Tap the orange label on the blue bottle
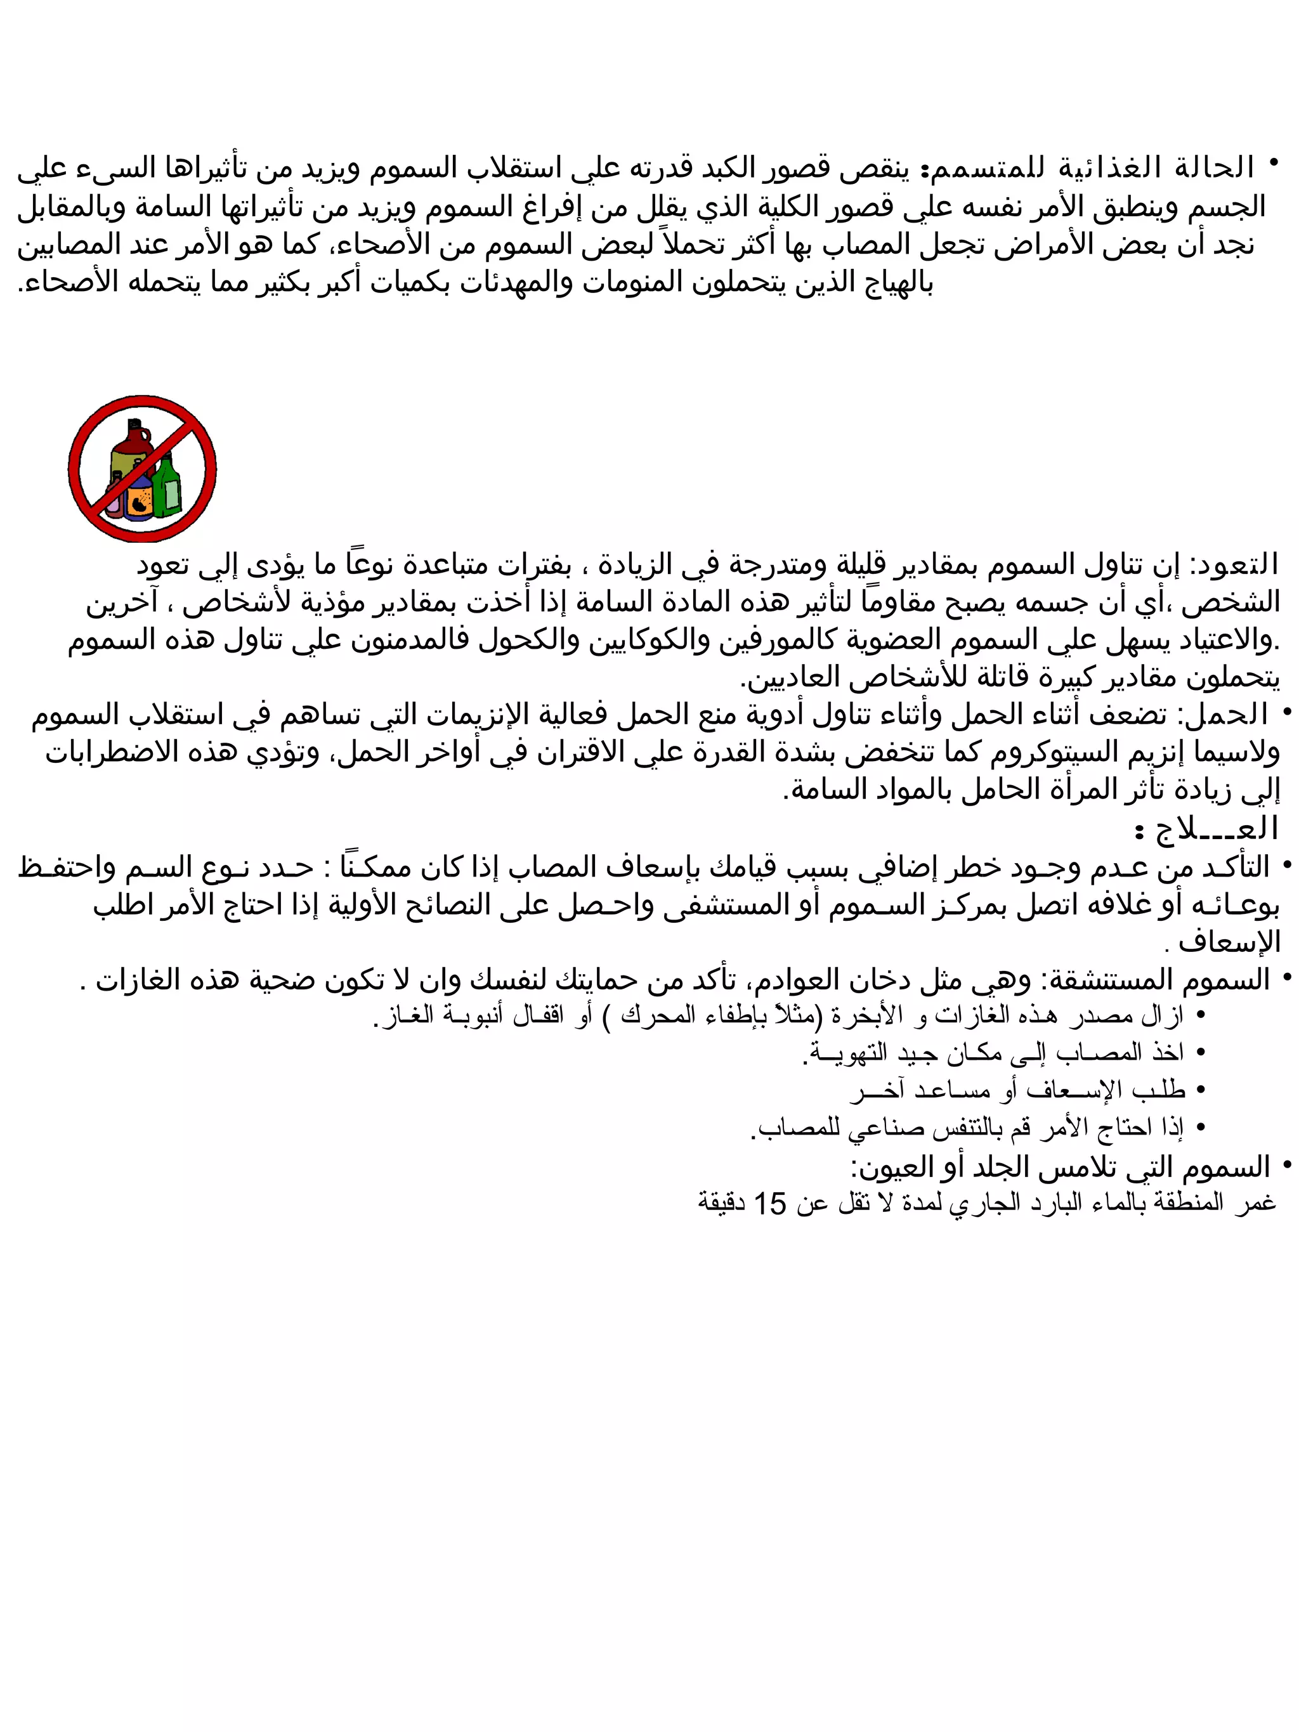141,502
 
